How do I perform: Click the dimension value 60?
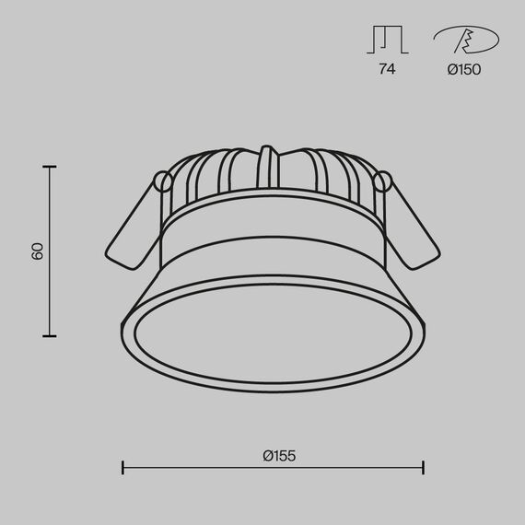[x=38, y=251]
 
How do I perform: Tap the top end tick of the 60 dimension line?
[x=50, y=167]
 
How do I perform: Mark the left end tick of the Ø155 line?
[x=122, y=468]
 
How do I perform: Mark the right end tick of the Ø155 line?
[x=424, y=468]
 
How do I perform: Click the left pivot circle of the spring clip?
[x=163, y=180]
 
